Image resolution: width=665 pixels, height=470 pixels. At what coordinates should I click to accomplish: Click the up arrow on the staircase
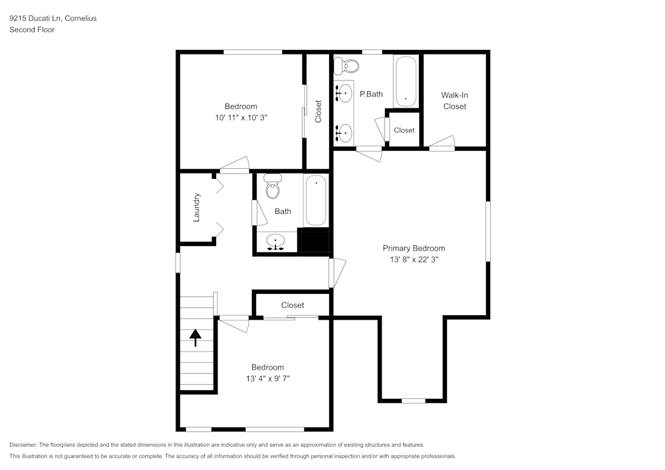196,338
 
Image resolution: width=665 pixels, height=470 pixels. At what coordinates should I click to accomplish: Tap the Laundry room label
197,207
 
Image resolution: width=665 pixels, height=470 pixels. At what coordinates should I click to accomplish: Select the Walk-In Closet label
455,100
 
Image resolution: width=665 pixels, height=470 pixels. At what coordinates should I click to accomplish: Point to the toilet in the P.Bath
347,66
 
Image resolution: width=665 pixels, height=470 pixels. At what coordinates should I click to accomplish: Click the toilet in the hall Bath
273,187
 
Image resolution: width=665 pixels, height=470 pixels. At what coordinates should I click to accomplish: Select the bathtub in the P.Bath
406,82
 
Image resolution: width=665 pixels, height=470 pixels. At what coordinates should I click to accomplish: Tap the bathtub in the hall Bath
316,201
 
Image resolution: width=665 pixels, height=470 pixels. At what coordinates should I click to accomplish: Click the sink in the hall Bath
275,241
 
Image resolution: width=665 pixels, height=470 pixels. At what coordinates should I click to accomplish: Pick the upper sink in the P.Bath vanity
344,94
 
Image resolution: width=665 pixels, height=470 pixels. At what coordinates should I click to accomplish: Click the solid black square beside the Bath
315,240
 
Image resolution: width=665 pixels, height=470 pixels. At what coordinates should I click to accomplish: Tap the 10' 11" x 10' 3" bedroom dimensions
241,117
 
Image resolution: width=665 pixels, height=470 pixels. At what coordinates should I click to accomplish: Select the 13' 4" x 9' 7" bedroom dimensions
267,378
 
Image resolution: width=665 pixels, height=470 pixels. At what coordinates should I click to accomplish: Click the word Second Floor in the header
32,30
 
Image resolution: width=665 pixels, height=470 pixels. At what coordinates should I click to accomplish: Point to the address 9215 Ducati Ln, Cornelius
53,19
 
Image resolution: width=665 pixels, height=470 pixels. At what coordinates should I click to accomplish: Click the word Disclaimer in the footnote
23,445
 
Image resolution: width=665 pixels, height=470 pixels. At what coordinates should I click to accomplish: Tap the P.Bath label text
371,94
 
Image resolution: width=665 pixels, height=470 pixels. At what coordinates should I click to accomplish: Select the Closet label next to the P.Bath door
404,130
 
